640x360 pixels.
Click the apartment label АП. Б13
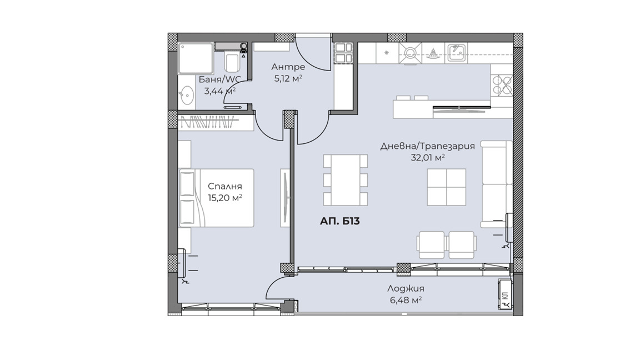(339, 221)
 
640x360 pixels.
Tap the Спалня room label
(225, 186)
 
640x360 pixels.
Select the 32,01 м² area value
(427, 158)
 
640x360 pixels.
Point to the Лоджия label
(406, 288)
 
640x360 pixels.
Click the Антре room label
(288, 67)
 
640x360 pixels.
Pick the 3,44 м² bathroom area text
(219, 91)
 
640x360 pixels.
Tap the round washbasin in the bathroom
(186, 94)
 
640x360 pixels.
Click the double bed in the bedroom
(216, 198)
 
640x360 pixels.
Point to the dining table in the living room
(346, 179)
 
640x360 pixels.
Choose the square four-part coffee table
(447, 187)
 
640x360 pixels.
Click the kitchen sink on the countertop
(457, 53)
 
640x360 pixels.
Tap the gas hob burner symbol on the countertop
(409, 53)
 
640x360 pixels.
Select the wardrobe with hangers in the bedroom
(216, 123)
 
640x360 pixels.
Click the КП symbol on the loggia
(505, 295)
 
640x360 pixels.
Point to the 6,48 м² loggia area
(406, 301)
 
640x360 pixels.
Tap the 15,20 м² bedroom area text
(225, 198)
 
